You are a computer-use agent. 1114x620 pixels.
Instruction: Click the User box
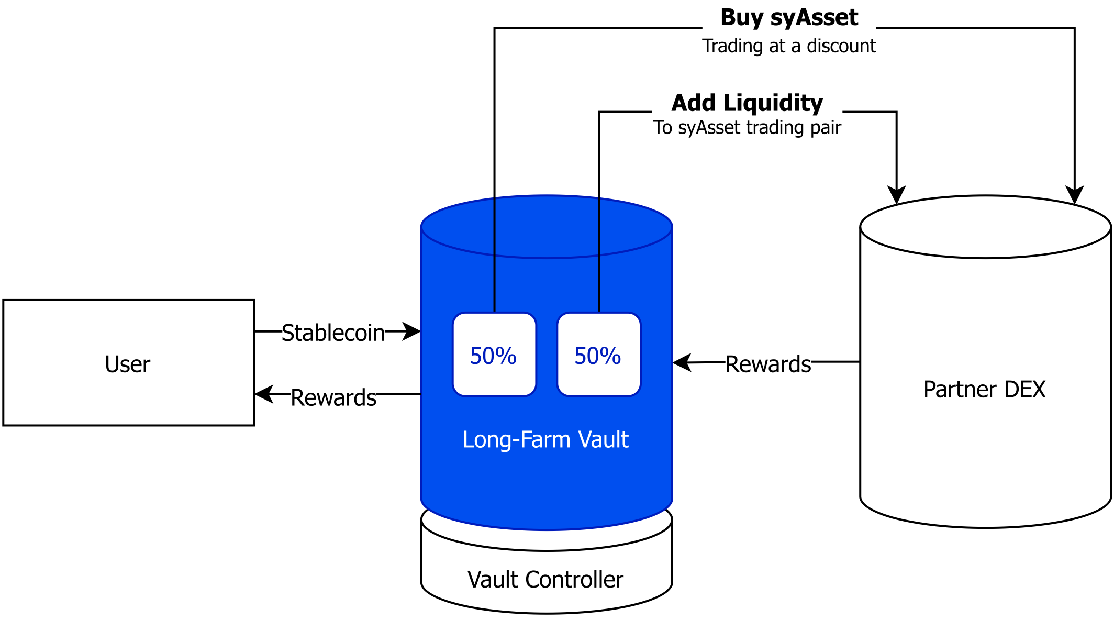click(128, 362)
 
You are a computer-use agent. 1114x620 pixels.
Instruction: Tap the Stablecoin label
click(333, 332)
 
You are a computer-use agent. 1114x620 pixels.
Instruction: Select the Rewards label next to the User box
click(333, 397)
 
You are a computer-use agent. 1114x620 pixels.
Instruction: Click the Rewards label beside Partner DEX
click(768, 363)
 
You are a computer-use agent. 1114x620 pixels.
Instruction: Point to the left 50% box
click(494, 355)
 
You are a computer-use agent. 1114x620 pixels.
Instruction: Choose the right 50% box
click(598, 355)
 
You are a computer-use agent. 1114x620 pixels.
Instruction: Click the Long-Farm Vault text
click(545, 439)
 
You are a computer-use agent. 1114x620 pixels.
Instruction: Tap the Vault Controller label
click(545, 579)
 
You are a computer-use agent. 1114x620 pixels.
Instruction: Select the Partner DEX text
click(984, 389)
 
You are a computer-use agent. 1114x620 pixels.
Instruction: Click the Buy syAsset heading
click(789, 17)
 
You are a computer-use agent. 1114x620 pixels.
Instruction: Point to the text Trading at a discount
click(789, 46)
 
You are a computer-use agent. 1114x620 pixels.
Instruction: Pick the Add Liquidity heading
click(747, 103)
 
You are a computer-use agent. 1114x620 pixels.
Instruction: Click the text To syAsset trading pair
click(747, 127)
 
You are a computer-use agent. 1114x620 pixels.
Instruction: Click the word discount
click(841, 46)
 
